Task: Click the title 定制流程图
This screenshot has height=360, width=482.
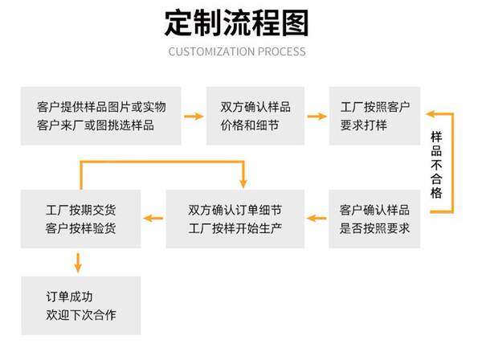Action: click(237, 23)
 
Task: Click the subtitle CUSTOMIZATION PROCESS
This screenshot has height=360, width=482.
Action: click(237, 51)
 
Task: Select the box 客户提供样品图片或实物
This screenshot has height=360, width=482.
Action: click(101, 116)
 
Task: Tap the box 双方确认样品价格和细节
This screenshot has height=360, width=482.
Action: click(255, 116)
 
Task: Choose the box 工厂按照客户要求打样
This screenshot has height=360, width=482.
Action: click(374, 116)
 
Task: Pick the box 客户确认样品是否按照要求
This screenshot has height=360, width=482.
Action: click(374, 219)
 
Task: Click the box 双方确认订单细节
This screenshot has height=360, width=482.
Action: click(235, 219)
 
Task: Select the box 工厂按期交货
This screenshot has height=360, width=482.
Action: click(81, 219)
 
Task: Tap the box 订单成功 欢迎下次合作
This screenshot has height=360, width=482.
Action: click(81, 305)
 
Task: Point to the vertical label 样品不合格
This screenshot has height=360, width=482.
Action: click(436, 165)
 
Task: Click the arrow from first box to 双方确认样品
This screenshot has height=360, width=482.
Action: click(194, 117)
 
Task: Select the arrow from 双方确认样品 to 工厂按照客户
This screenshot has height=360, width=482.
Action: click(317, 117)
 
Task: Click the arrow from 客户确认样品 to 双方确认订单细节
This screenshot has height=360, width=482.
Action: click(317, 219)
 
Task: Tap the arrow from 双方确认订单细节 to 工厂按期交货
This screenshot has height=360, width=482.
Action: click(153, 219)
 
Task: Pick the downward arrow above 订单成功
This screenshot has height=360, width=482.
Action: click(78, 263)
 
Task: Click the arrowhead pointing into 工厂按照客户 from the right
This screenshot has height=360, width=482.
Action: click(431, 114)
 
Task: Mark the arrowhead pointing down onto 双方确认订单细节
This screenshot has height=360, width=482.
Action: click(243, 183)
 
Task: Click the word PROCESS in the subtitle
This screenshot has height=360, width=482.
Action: click(282, 51)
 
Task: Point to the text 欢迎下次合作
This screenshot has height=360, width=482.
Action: click(81, 315)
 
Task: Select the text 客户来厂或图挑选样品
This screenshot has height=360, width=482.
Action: click(96, 125)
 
